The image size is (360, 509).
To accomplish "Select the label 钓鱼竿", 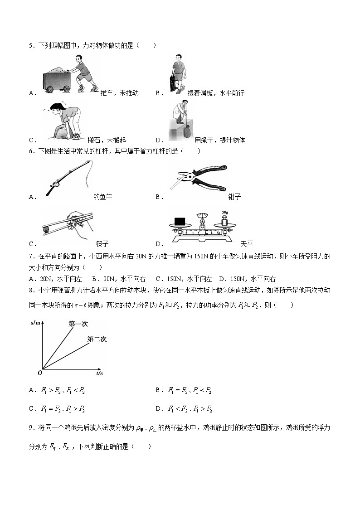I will pos(102,197).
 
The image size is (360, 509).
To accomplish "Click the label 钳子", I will pos(235,197).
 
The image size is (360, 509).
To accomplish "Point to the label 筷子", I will pos(102,244).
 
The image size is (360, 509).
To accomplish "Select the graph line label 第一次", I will pos(78,324).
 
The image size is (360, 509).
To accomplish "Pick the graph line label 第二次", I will pos(97,339).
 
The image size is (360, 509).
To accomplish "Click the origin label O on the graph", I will pos(40,373).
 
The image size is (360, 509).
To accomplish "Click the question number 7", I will pos(30,256).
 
